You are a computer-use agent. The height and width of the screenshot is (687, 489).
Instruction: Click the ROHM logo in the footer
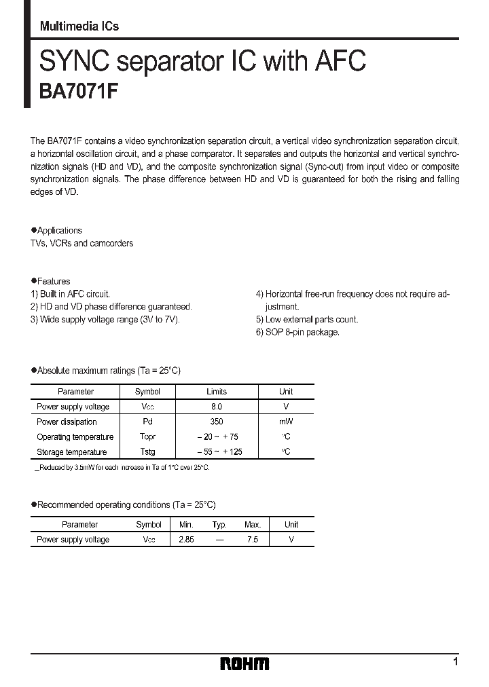tap(244, 663)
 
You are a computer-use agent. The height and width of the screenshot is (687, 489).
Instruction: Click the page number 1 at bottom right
tap(455, 661)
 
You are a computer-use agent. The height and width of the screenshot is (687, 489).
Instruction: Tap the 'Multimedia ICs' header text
tap(79, 26)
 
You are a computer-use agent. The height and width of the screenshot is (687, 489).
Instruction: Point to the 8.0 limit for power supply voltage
tap(216, 407)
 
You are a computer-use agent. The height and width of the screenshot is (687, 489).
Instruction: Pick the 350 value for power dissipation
tap(216, 422)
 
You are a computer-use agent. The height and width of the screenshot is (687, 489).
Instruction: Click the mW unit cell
tap(286, 422)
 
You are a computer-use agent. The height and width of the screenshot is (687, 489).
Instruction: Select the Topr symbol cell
tap(147, 437)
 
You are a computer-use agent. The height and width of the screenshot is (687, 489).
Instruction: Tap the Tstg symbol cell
tap(147, 451)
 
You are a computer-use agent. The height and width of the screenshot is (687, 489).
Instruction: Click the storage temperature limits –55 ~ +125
tap(216, 451)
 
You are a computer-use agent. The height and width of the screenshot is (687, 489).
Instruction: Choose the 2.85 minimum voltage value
tap(186, 540)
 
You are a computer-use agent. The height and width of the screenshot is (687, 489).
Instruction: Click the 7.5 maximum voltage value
tap(252, 540)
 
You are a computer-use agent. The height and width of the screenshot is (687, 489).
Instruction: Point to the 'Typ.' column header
tap(219, 525)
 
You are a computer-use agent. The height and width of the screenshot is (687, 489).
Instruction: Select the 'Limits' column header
tap(216, 392)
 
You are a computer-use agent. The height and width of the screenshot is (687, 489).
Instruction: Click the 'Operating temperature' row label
tap(75, 437)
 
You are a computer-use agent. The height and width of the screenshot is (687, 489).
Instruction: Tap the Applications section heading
tap(59, 230)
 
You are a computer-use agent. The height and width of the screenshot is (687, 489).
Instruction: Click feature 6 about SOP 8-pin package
tap(297, 332)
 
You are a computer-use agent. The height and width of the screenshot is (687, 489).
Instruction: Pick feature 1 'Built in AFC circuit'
tap(70, 294)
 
